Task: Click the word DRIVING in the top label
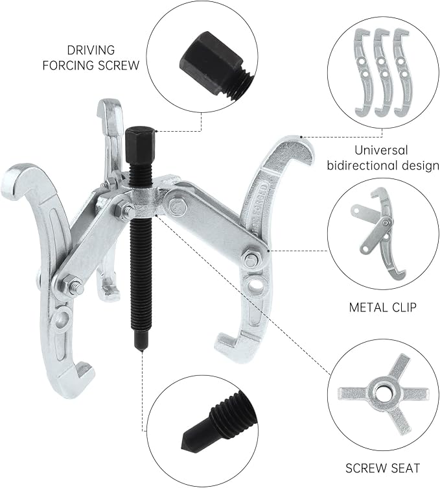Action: click(x=91, y=50)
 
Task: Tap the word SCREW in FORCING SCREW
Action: click(x=118, y=66)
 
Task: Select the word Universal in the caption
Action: click(x=381, y=151)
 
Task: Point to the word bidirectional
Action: click(x=362, y=165)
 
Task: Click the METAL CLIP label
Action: click(x=382, y=308)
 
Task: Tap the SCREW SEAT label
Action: click(x=382, y=468)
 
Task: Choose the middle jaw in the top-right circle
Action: click(x=382, y=73)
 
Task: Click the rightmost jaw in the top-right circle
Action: click(x=402, y=73)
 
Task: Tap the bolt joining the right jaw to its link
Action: click(x=251, y=259)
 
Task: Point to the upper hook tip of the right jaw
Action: click(x=306, y=152)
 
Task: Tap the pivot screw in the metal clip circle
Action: click(x=386, y=222)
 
